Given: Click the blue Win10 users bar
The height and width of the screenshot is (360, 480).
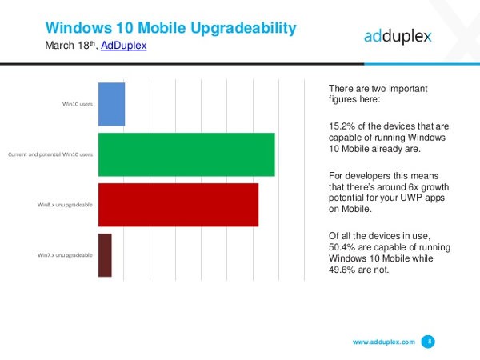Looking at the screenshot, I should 111,104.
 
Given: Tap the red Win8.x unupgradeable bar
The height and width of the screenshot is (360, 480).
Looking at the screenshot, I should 178,205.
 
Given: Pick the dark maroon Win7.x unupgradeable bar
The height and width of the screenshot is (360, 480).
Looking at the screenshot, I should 105,255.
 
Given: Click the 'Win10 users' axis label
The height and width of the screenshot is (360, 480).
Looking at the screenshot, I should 78,104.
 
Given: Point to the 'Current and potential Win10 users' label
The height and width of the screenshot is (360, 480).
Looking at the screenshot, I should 50,154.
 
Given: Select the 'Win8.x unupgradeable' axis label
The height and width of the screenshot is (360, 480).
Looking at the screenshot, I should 65,205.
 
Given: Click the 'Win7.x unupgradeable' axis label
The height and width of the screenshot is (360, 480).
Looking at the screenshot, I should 65,255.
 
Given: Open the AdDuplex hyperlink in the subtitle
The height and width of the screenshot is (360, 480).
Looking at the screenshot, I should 123,46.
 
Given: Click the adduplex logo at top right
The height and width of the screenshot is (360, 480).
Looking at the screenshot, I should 398,35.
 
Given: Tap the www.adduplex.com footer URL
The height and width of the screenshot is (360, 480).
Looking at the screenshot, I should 383,342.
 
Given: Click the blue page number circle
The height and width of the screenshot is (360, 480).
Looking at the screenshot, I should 429,342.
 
